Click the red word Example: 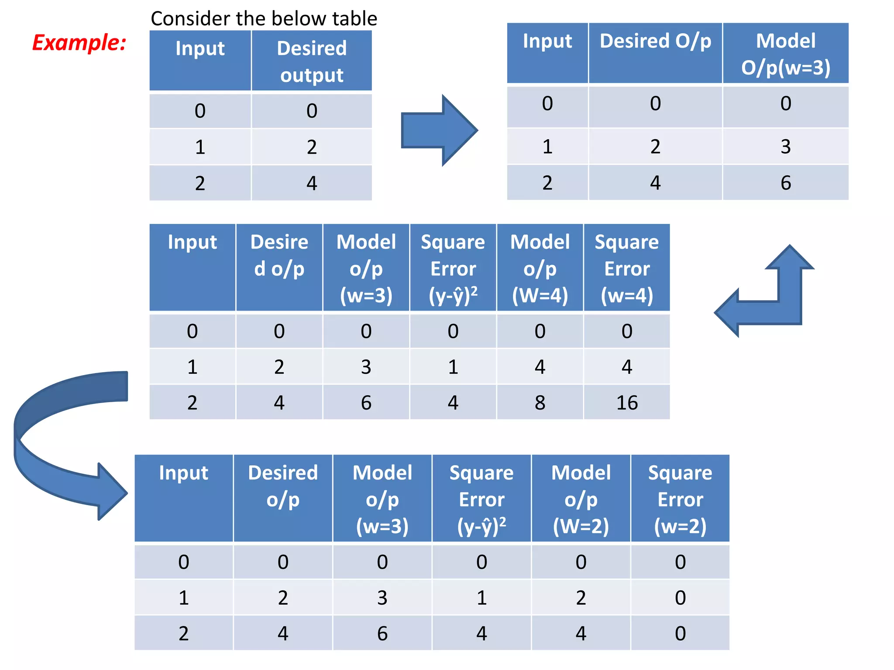(79, 43)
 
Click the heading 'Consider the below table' (264, 19)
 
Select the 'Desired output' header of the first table (312, 61)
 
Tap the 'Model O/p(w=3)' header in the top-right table (785, 54)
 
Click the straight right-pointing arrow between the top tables (439, 130)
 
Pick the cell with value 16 (627, 402)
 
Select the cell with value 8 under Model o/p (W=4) (540, 402)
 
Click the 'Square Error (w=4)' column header (627, 268)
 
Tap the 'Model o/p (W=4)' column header (540, 268)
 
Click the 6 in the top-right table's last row (785, 182)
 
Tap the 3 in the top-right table (785, 146)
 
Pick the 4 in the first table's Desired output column (312, 183)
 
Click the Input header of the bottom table (183, 473)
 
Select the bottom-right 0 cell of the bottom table (680, 633)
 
